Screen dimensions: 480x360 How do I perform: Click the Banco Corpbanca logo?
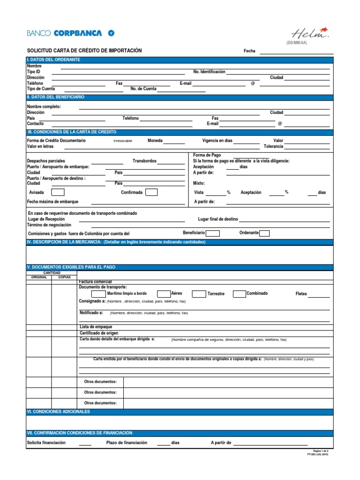[70, 33]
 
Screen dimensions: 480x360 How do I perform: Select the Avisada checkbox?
[58, 192]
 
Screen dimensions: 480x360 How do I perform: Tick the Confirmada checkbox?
[151, 192]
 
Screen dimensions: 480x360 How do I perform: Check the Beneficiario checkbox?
[212, 233]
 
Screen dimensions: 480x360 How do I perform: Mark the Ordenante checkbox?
[264, 233]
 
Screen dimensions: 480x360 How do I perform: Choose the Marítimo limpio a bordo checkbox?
[98, 294]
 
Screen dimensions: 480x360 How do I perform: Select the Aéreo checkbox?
[164, 294]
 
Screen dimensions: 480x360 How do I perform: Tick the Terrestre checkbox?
[199, 294]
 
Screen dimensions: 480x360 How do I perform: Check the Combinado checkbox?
[239, 294]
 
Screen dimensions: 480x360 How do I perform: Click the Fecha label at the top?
[249, 51]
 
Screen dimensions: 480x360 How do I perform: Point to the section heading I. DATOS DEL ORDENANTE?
[54, 60]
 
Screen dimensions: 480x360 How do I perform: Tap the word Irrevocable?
[123, 141]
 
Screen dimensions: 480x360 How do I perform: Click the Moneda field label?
[155, 141]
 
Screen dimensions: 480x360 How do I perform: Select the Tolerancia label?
[273, 146]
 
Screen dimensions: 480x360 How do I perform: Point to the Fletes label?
[301, 294]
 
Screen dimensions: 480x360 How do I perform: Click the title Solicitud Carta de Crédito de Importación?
[84, 51]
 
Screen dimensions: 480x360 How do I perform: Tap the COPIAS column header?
[64, 277]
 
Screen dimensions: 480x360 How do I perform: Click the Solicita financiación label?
[46, 442]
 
